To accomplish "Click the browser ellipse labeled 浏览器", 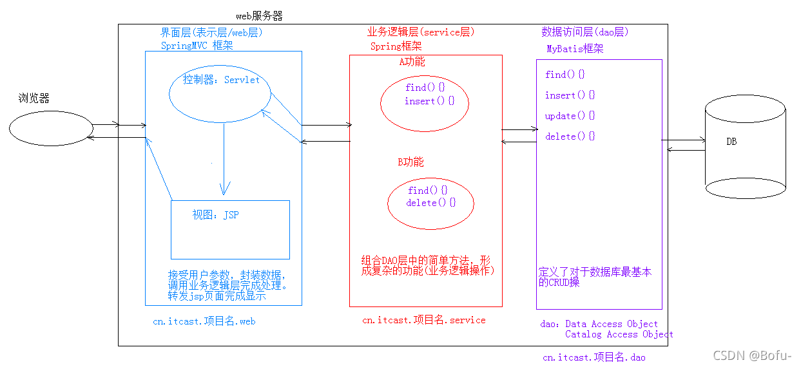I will [x=50, y=129].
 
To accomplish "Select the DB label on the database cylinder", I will [x=731, y=142].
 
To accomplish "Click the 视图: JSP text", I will [x=215, y=215].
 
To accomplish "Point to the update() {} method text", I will [x=570, y=116].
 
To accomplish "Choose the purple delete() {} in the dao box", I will [x=570, y=136].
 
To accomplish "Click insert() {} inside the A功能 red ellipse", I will [x=429, y=101].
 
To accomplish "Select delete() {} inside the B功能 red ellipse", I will [x=430, y=203].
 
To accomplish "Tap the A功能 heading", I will [x=412, y=62].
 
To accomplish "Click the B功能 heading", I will [x=410, y=162].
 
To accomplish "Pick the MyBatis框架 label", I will [x=575, y=49].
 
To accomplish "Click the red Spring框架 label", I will [x=396, y=46].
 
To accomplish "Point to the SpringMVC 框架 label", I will [x=197, y=45].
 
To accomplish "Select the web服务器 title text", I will [x=259, y=15].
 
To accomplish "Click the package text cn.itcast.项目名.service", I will [x=423, y=320].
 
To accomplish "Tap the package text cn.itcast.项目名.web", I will [x=204, y=321].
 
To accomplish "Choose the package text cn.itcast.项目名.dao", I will [x=594, y=357].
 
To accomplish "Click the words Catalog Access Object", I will [x=619, y=334].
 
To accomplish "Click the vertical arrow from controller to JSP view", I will [x=224, y=158].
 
